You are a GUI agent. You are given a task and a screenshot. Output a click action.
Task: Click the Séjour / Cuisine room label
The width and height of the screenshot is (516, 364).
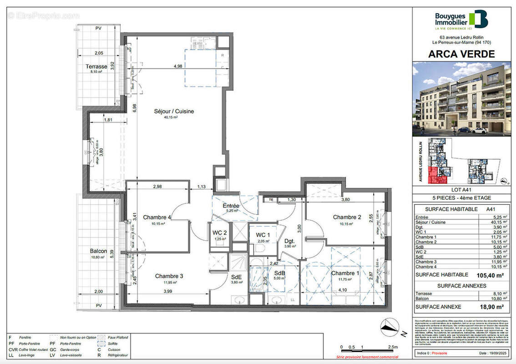(173, 111)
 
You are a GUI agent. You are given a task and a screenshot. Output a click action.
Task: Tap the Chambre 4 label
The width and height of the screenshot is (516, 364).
(157, 217)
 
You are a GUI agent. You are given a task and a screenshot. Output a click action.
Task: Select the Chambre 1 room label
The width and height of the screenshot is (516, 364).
(345, 273)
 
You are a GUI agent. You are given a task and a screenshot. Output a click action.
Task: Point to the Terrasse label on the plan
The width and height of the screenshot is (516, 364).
(96, 66)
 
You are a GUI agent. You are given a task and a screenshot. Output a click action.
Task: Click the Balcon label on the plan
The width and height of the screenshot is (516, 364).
(98, 251)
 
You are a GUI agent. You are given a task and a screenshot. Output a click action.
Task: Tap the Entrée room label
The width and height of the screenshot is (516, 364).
(231, 206)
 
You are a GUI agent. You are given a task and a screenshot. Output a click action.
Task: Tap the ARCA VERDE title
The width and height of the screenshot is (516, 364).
(461, 54)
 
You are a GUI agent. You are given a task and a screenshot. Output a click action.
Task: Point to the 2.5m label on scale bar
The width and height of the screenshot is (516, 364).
(391, 347)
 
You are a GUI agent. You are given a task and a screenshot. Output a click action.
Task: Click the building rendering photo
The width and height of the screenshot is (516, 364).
(461, 99)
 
